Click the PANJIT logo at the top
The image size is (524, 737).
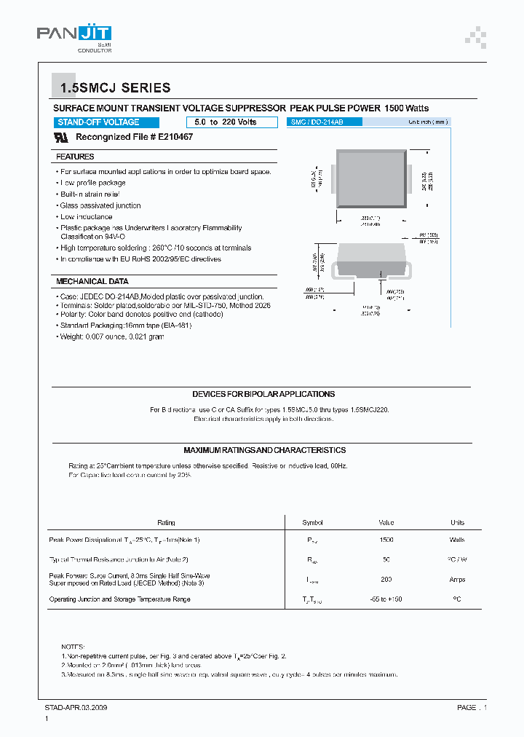pos(74,36)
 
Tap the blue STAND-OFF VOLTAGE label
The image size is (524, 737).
pos(98,122)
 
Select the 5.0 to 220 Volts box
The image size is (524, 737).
pos(221,122)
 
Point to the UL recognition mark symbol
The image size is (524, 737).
pos(62,137)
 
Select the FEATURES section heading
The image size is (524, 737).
pos(75,157)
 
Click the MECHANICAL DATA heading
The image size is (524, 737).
pos(92,281)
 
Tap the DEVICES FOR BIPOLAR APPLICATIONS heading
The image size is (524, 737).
pos(263,394)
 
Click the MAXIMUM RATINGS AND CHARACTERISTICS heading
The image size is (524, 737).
pos(264,450)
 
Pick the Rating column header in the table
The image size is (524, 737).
pos(166,523)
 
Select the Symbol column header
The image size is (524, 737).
pos(312,523)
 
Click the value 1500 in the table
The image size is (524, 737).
pos(386,540)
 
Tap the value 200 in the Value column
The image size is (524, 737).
pos(386,580)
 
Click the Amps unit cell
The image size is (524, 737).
pos(457,580)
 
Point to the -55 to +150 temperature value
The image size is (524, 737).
pos(386,599)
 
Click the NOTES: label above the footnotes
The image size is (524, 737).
pos(73,647)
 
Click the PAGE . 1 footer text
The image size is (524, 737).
pos(472,707)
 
